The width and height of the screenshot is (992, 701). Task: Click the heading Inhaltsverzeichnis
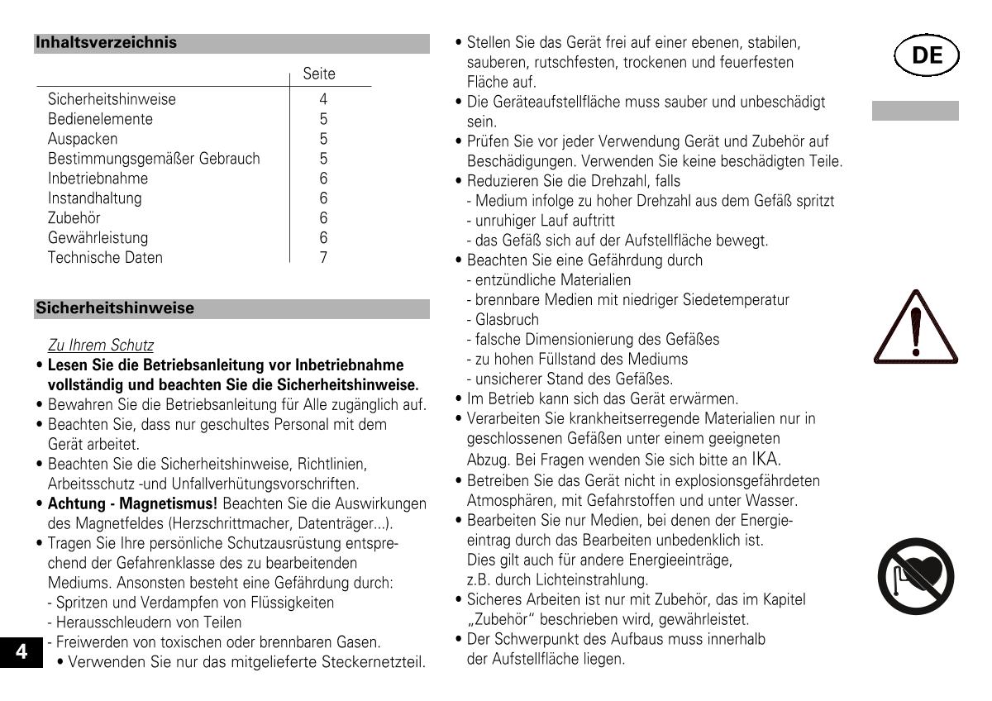106,43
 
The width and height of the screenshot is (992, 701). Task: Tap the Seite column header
319,74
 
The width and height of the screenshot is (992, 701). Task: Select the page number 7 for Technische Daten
323,257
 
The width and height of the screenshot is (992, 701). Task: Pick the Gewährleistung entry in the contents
98,238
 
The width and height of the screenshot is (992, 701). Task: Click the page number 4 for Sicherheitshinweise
323,99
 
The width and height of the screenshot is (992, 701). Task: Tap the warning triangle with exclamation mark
914,328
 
